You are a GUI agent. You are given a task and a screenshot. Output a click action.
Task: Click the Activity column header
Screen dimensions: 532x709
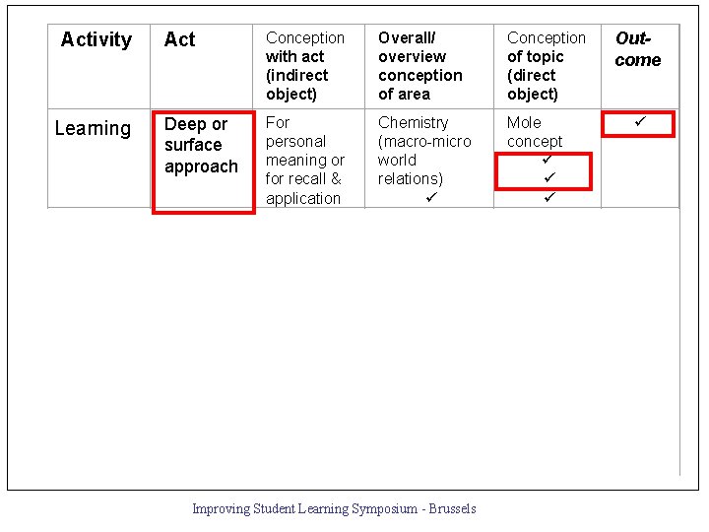click(96, 39)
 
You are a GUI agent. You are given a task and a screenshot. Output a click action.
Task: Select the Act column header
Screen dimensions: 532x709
click(179, 39)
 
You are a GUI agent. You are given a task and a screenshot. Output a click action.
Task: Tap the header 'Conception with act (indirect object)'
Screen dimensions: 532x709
click(305, 66)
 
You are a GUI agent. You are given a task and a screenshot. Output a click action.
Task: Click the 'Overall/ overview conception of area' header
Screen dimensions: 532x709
click(419, 66)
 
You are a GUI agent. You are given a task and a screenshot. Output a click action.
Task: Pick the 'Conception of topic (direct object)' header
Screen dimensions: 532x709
click(546, 66)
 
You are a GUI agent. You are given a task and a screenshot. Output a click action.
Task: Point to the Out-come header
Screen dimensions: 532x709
click(638, 49)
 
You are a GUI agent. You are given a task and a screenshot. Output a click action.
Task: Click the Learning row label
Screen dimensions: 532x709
click(93, 128)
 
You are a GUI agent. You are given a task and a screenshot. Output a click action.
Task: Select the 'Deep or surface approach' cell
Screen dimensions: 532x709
click(201, 146)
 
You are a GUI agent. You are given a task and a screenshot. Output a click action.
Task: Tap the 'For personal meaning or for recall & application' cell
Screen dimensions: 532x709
click(305, 160)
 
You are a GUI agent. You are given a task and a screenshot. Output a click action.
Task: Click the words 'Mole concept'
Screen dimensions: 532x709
click(535, 132)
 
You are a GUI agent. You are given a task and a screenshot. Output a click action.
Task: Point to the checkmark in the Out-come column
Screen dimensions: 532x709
click(639, 122)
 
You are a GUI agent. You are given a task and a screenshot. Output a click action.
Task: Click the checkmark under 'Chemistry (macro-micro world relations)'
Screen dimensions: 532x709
click(430, 197)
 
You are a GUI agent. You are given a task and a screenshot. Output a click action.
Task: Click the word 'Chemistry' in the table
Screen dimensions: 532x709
click(413, 122)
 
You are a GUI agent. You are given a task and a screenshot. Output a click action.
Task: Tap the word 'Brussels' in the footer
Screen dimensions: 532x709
click(450, 509)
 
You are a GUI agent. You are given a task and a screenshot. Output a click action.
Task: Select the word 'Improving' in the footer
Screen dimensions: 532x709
click(221, 509)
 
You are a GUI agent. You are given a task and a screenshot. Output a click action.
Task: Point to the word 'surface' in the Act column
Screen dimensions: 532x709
click(193, 145)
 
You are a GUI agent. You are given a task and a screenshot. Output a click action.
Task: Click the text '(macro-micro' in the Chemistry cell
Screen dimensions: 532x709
click(424, 141)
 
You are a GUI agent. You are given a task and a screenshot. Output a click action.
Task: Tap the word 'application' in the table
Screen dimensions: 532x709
click(302, 198)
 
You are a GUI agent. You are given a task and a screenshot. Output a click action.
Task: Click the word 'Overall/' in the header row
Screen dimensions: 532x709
click(406, 37)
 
